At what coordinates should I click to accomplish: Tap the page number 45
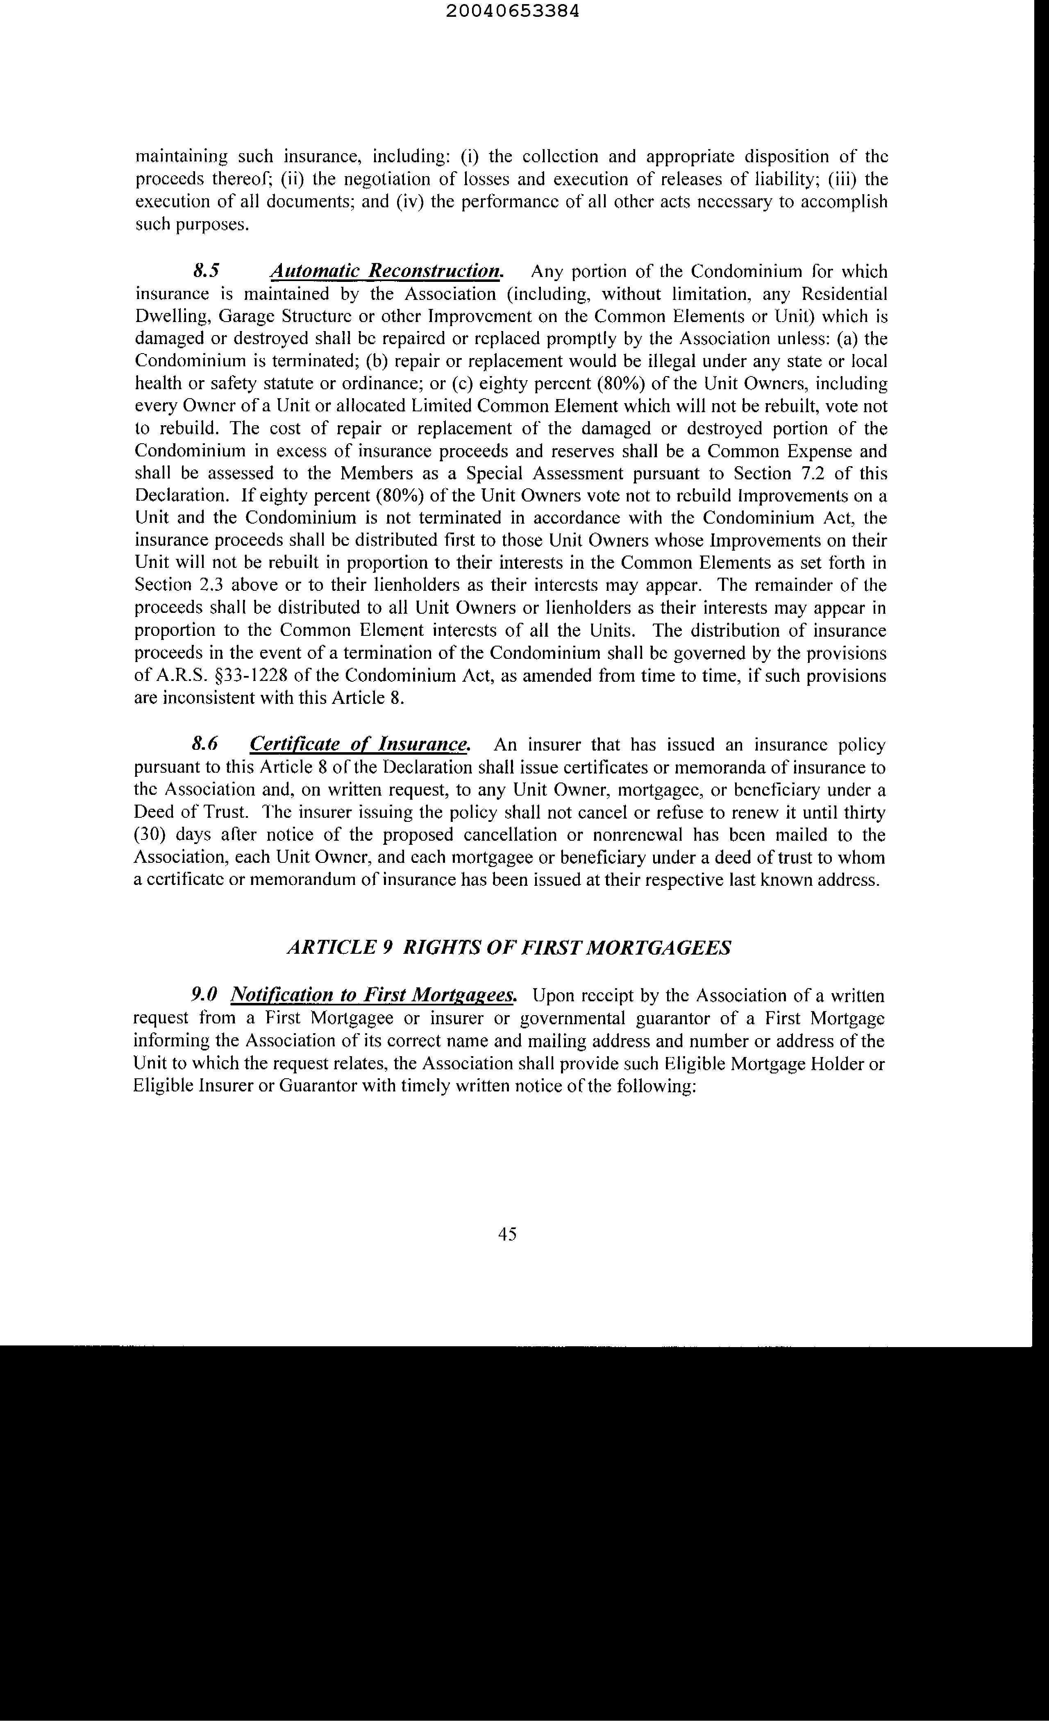pos(507,1234)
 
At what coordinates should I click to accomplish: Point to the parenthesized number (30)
pos(149,835)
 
